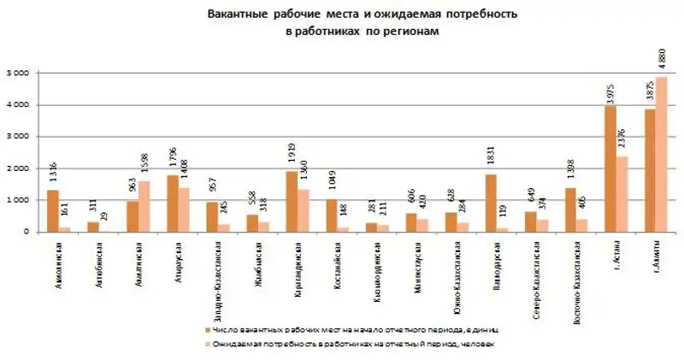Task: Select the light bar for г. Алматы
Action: [662, 154]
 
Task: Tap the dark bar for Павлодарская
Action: [492, 203]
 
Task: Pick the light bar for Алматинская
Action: [144, 206]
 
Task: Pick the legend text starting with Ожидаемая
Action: [351, 344]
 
